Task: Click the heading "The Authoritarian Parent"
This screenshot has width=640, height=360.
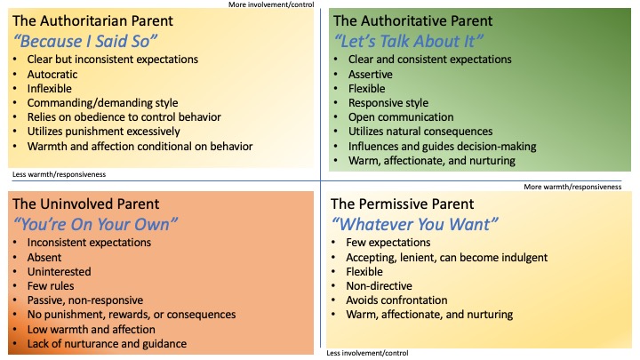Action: pyautogui.click(x=92, y=20)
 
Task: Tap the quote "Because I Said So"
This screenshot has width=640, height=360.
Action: pyautogui.click(x=85, y=41)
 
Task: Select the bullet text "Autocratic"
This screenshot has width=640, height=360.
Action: pyautogui.click(x=52, y=75)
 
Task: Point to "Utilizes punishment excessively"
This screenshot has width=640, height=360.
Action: pyautogui.click(x=104, y=132)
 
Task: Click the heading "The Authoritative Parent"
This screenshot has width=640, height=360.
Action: pyautogui.click(x=412, y=20)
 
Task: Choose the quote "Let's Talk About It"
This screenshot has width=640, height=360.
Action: pyautogui.click(x=409, y=41)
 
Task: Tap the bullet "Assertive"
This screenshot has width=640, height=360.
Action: pyautogui.click(x=370, y=75)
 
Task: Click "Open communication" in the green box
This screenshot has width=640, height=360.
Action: pyautogui.click(x=401, y=117)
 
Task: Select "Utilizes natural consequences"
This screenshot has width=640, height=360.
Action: pyautogui.click(x=420, y=132)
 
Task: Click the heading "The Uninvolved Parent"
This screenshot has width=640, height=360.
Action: pyautogui.click(x=85, y=204)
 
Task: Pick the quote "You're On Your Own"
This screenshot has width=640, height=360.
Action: pyautogui.click(x=95, y=225)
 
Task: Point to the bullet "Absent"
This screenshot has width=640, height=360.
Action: pyautogui.click(x=44, y=258)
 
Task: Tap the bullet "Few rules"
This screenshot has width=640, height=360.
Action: pyautogui.click(x=51, y=286)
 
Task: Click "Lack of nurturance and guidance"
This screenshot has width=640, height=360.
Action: pyautogui.click(x=107, y=344)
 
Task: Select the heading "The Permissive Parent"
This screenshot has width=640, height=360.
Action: pyautogui.click(x=402, y=204)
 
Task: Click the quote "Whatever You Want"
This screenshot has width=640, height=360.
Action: pyautogui.click(x=415, y=225)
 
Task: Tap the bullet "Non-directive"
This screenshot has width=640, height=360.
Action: pyautogui.click(x=380, y=286)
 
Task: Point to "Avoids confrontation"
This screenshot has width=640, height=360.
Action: pyautogui.click(x=396, y=300)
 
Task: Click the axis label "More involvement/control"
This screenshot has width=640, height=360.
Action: pyautogui.click(x=271, y=4)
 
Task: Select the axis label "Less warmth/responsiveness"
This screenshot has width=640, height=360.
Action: pyautogui.click(x=59, y=174)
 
